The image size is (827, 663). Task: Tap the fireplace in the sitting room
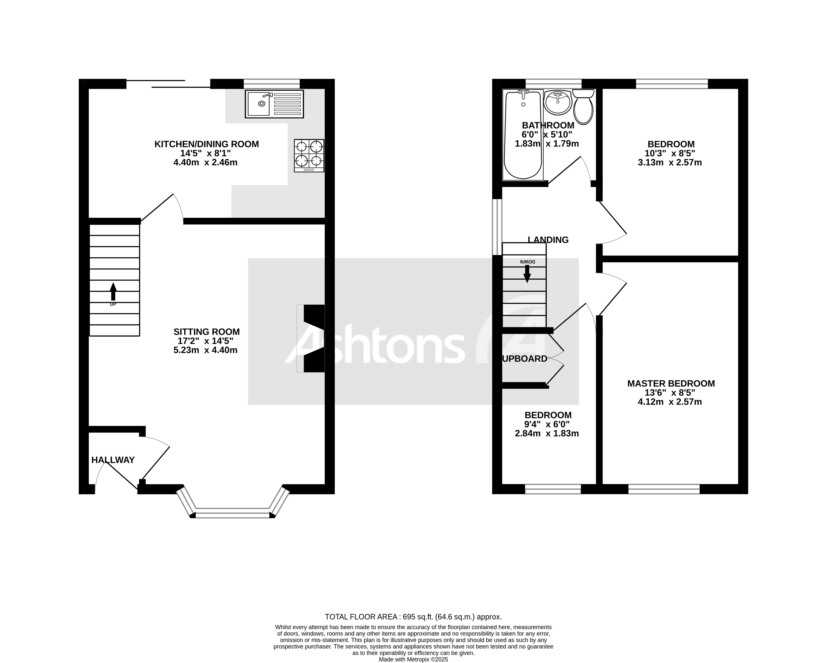[312, 338]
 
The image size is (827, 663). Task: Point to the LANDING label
[548, 240]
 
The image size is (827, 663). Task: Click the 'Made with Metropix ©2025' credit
[413, 659]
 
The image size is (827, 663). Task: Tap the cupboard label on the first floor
[525, 359]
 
